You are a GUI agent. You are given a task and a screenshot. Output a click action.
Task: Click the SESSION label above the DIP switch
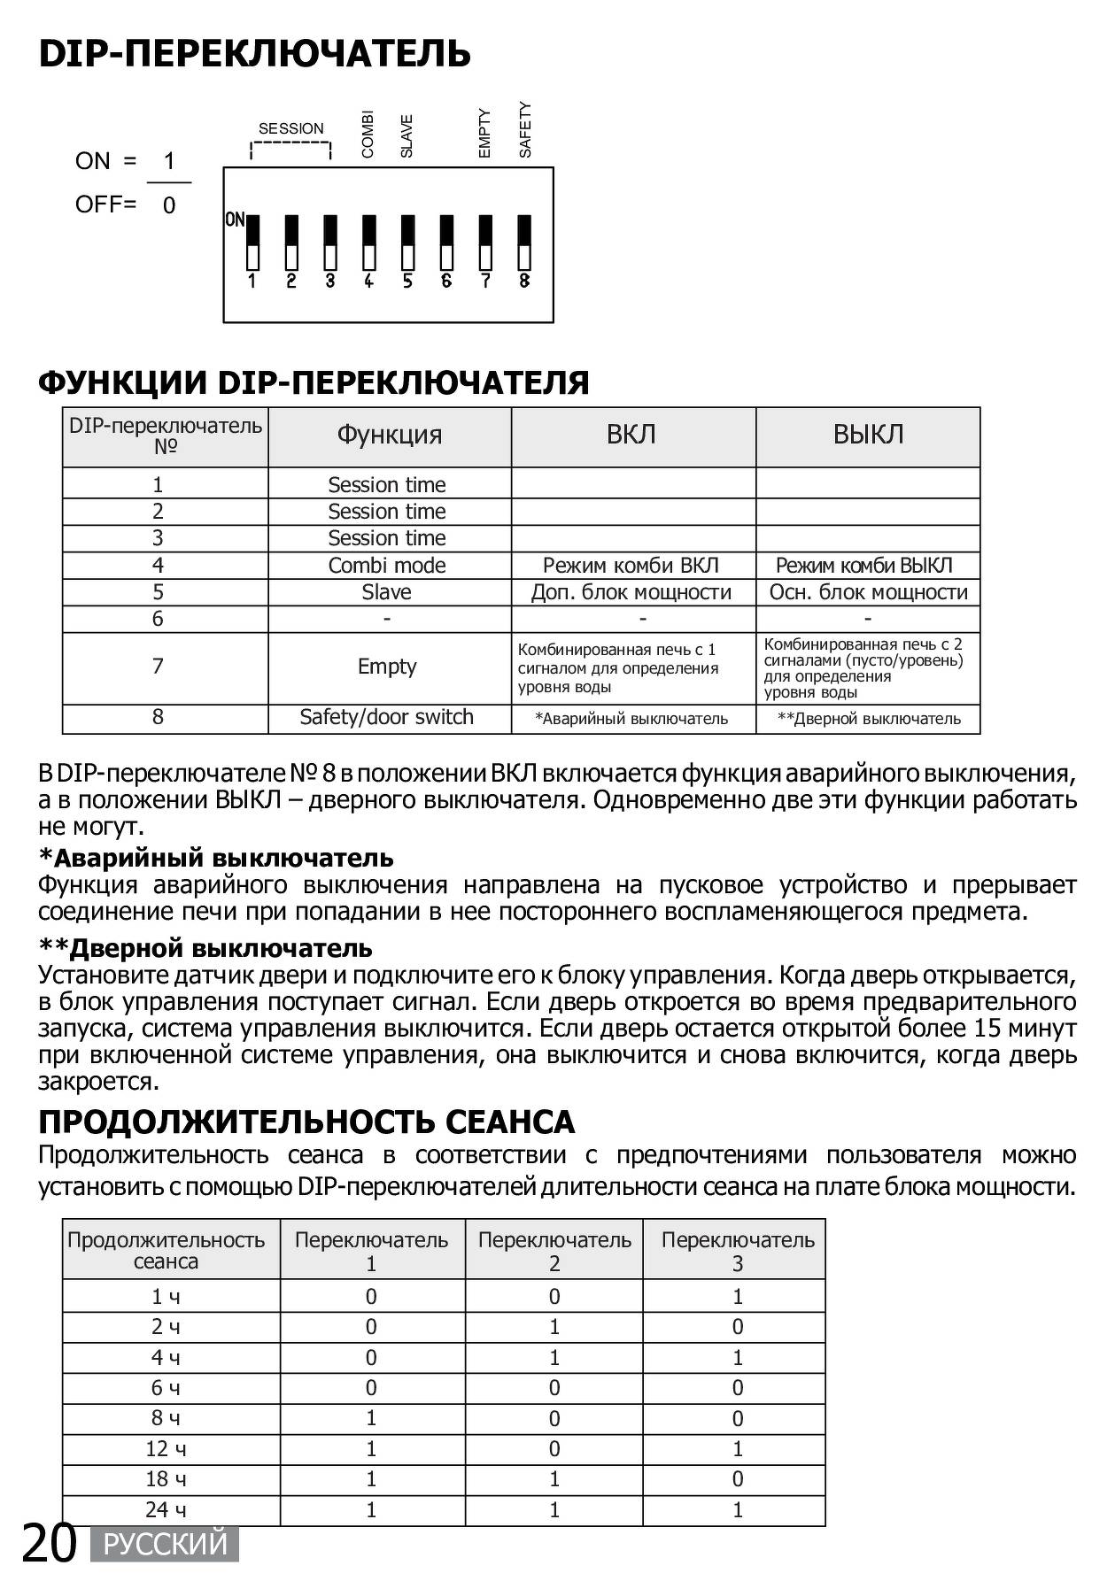pos(290,129)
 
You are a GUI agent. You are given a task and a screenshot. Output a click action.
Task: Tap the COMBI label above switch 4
pos(368,135)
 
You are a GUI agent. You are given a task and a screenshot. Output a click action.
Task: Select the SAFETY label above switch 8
pos(525,130)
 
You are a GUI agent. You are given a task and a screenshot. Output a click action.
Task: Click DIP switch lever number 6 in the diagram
pos(446,243)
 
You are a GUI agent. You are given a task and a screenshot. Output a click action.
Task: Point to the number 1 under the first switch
pos(252,281)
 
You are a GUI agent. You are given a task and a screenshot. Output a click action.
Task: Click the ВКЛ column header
pos(631,435)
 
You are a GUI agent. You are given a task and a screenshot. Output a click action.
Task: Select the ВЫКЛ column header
pos(868,435)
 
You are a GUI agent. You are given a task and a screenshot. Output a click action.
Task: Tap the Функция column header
pos(389,435)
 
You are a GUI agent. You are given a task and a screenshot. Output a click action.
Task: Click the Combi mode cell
pos(387,566)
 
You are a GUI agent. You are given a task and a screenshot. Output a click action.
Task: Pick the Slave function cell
pos(387,592)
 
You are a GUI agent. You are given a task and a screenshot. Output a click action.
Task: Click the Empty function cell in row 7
pos(387,667)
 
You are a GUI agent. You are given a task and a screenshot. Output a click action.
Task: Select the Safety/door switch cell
pos(387,717)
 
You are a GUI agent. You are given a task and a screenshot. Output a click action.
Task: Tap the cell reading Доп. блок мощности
pos(631,592)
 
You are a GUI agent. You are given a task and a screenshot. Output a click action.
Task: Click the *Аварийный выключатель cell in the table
pos(631,719)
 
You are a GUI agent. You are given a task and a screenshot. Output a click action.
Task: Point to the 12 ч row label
pos(166,1449)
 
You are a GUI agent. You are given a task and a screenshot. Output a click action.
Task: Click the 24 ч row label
pos(166,1509)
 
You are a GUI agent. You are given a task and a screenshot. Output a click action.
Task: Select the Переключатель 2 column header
pos(554,1251)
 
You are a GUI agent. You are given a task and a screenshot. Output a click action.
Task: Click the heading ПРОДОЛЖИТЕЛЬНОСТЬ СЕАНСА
pos(306,1122)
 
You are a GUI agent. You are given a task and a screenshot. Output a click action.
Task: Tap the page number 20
pos(50,1543)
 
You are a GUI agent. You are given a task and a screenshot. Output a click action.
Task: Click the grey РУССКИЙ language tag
pos(166,1545)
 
